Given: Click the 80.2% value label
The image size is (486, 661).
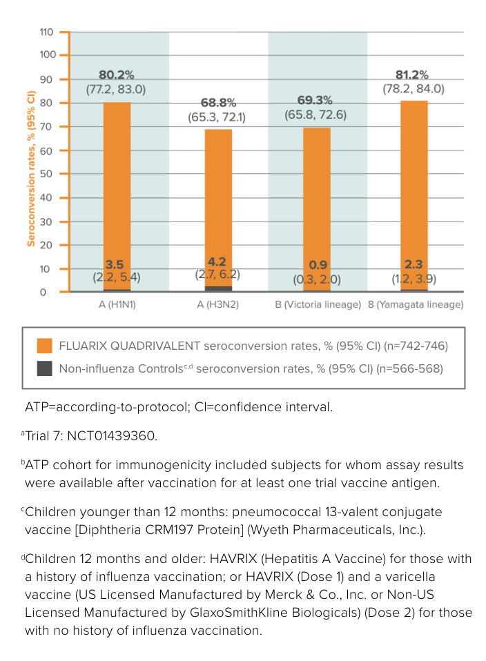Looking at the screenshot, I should [117, 76].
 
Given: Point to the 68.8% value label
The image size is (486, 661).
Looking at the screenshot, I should [217, 103].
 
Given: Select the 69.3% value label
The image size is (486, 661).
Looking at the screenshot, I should [315, 101].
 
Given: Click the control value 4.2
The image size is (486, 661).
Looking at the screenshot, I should [217, 262].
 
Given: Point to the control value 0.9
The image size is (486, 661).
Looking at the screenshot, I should [317, 265].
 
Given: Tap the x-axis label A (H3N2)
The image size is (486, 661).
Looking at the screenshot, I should [217, 304].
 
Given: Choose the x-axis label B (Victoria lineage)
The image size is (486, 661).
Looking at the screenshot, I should [318, 304].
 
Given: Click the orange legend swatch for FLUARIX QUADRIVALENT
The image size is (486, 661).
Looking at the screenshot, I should [44, 346].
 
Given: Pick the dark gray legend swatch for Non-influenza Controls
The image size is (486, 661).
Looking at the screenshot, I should [44, 368].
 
